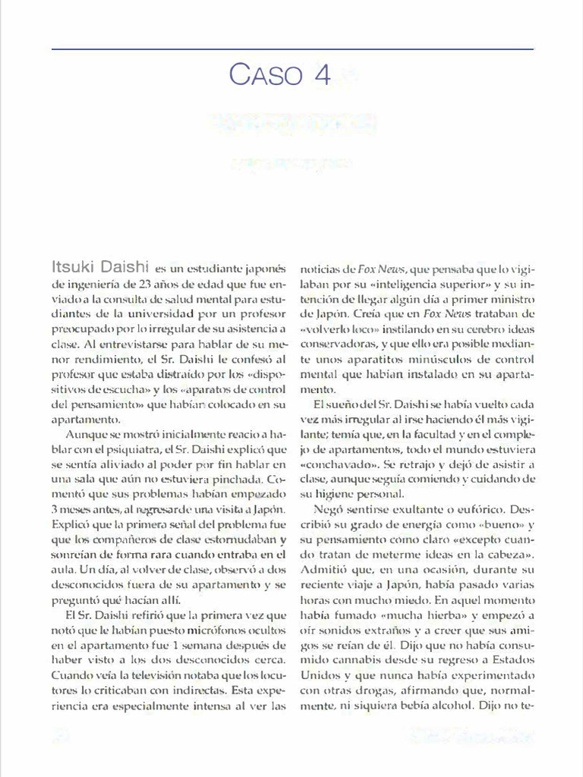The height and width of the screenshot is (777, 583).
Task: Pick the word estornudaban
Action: [241, 539]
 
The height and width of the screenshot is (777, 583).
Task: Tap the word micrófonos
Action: [198, 630]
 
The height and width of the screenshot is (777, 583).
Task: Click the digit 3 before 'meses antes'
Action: [55, 509]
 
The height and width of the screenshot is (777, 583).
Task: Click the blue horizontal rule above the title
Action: [291, 49]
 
